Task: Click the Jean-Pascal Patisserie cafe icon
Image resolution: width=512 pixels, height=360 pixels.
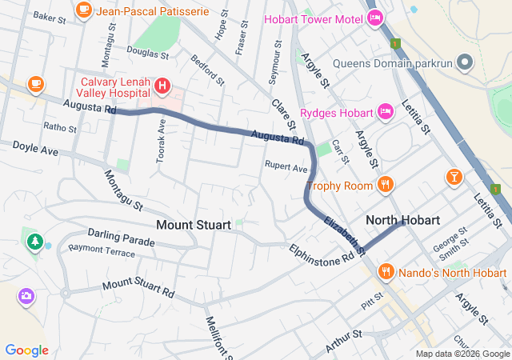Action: pos(83,10)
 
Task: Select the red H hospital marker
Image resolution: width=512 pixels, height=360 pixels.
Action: pos(162,85)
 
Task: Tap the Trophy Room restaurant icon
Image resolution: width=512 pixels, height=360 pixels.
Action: pos(386,185)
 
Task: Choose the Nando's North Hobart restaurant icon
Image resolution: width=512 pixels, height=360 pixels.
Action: pos(386,271)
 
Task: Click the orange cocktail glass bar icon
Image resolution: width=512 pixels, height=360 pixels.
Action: pos(454,175)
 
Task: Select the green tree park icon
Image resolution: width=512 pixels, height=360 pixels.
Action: pos(34,240)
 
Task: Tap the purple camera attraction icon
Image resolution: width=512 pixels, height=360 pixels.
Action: pos(26,296)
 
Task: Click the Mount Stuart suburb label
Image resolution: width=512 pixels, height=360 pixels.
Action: pos(194,225)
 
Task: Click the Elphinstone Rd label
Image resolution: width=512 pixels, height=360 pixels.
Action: pos(322,254)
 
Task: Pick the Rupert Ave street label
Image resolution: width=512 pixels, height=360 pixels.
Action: pos(286,168)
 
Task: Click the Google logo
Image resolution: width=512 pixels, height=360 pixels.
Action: pos(26,350)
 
